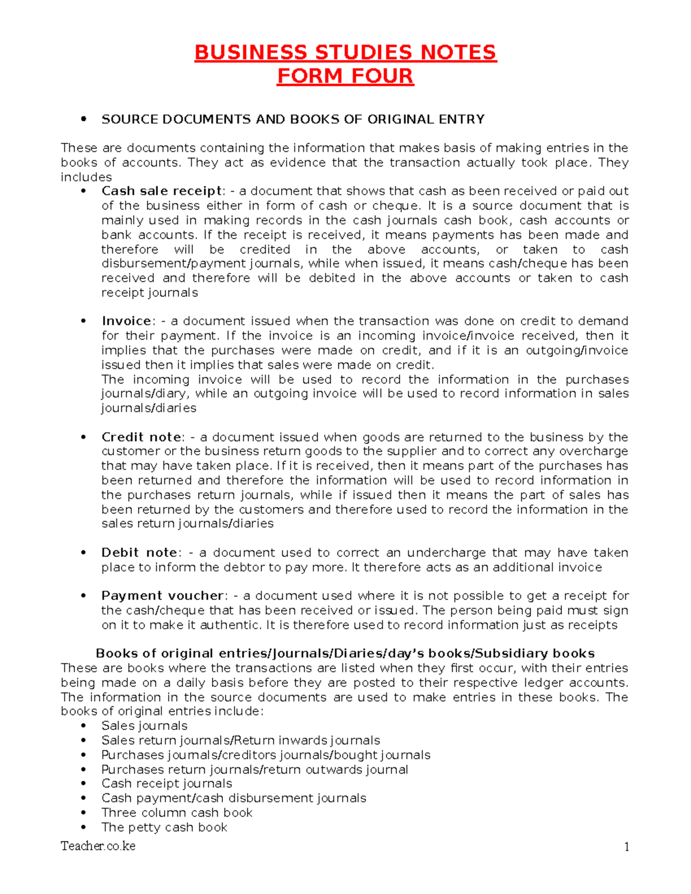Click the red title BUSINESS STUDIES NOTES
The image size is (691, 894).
(345, 52)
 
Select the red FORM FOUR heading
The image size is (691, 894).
(345, 76)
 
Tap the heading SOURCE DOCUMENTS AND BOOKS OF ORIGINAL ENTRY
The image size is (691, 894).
(293, 119)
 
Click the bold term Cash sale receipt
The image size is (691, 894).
(161, 191)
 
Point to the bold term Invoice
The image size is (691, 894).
(126, 321)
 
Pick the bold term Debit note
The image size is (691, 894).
(139, 553)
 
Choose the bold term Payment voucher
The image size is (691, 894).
(162, 596)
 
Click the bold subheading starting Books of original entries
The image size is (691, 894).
(345, 653)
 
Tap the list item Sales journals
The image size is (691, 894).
(145, 726)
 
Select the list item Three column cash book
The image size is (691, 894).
(177, 813)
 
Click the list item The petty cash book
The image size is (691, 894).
(164, 827)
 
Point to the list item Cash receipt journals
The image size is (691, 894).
(166, 783)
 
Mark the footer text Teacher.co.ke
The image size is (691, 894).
(98, 846)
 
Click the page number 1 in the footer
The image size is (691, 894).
(626, 847)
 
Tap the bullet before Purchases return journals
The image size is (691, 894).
(84, 770)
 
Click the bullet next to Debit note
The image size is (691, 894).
(84, 553)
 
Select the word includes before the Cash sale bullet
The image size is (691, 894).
(86, 177)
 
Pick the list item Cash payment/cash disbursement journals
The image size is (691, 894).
(234, 798)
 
